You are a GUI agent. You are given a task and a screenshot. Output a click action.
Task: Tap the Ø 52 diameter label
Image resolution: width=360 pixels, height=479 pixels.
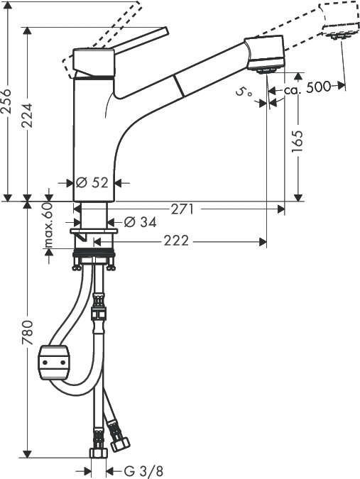tap(90, 182)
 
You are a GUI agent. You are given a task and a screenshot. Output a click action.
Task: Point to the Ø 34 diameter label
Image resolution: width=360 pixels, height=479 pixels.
tap(140, 222)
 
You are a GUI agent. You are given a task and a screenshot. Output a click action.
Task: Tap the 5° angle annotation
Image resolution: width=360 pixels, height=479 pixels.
tap(244, 92)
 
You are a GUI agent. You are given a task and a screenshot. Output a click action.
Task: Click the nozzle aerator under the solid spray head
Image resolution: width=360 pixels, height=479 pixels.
tap(266, 70)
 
